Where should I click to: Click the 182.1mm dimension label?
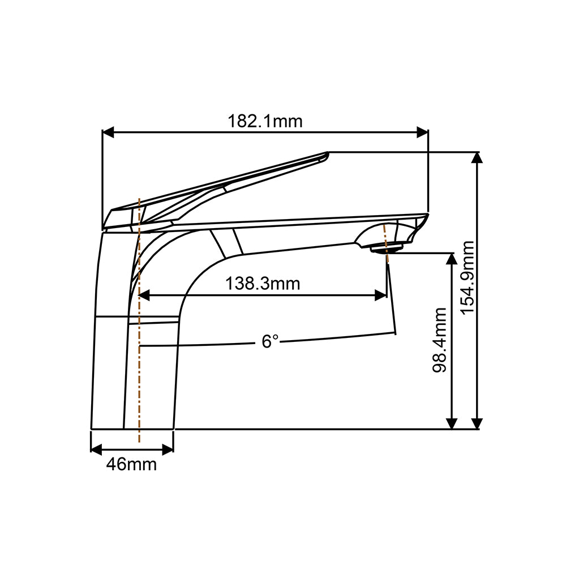(265, 121)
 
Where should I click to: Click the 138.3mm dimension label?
(263, 284)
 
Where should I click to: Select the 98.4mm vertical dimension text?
(439, 340)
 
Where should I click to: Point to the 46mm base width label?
(131, 464)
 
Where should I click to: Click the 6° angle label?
(270, 341)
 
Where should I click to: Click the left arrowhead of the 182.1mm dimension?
(108, 132)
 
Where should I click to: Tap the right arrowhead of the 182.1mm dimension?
(423, 132)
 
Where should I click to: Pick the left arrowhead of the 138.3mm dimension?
(144, 295)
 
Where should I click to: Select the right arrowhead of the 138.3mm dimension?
(381, 295)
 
